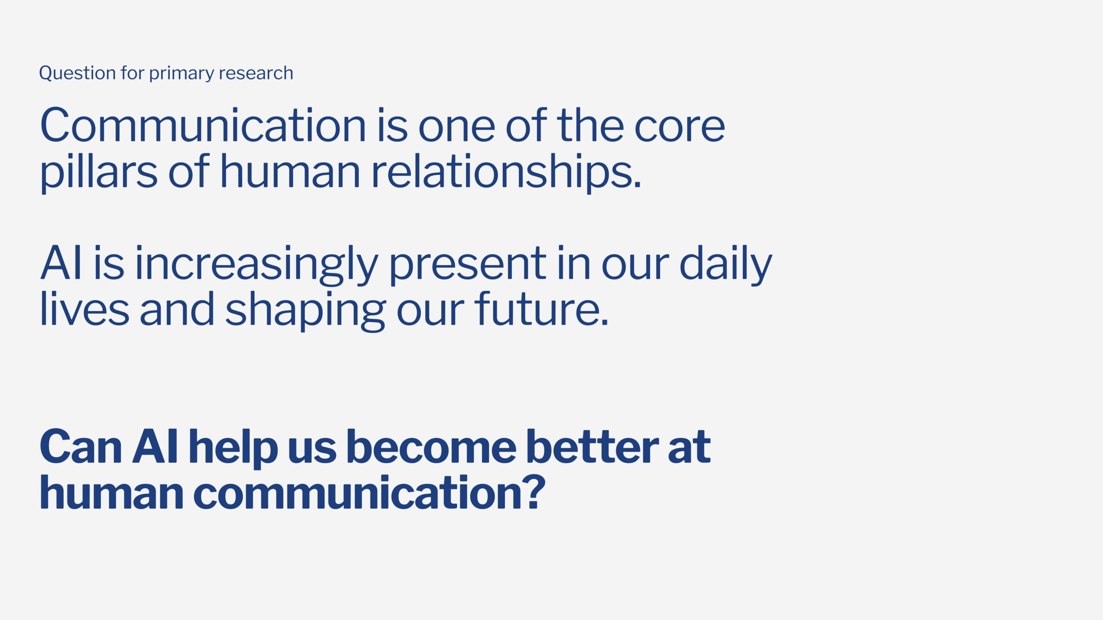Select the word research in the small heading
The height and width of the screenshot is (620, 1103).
[256, 73]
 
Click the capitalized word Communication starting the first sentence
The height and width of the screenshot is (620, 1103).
[203, 125]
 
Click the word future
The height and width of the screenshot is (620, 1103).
[542, 308]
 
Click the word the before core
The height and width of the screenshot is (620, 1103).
[590, 125]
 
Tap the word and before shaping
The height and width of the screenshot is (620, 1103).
[177, 308]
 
